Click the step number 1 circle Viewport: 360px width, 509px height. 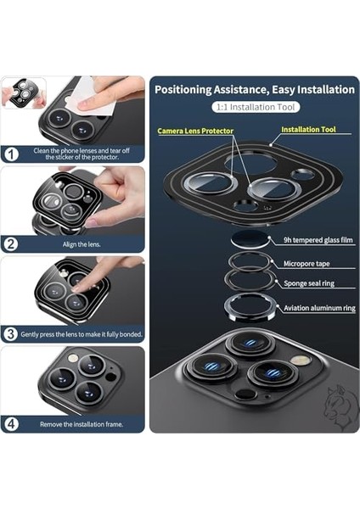click(11, 154)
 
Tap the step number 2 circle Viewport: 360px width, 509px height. click(11, 243)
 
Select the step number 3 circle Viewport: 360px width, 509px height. click(11, 333)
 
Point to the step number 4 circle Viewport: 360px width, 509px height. click(11, 423)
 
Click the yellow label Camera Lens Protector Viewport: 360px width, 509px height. click(194, 132)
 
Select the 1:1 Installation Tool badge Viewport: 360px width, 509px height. click(254, 109)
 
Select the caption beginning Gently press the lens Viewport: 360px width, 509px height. click(81, 333)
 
